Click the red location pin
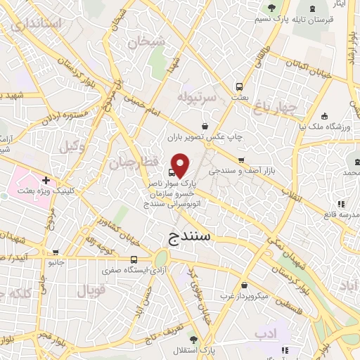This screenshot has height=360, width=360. [x=181, y=164]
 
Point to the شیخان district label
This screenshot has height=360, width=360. [x=146, y=41]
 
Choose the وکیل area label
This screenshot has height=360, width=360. [x=72, y=147]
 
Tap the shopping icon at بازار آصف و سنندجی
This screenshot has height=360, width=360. [x=242, y=160]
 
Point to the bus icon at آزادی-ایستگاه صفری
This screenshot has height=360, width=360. [x=134, y=259]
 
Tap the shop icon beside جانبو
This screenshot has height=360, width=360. [x=56, y=252]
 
